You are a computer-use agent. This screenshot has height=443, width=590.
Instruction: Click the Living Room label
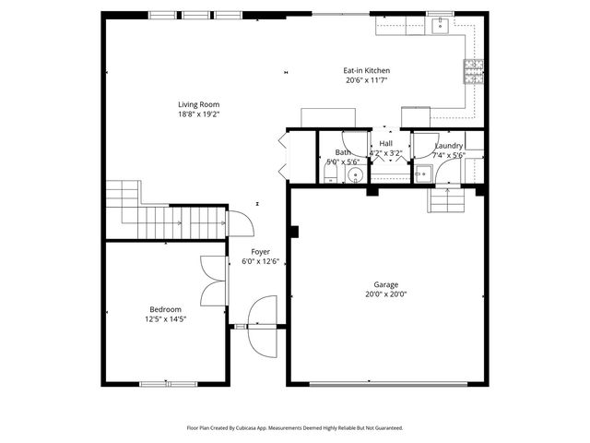[198, 104]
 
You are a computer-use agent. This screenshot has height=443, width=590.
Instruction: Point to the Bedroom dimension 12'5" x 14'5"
[166, 319]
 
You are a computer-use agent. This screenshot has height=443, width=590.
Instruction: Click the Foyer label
[260, 251]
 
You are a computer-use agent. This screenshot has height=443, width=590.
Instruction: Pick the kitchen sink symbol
[440, 24]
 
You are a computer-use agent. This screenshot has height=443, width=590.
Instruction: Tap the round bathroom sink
[354, 174]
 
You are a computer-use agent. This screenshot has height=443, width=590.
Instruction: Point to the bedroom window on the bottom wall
[168, 383]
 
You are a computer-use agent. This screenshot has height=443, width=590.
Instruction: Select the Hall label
[385, 143]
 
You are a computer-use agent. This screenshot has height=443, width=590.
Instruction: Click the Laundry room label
[449, 146]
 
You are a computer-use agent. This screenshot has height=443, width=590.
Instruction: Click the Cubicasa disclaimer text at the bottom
[295, 427]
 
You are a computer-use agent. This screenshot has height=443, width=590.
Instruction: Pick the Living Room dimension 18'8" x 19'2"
[198, 114]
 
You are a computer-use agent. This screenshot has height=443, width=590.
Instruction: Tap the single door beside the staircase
[240, 224]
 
